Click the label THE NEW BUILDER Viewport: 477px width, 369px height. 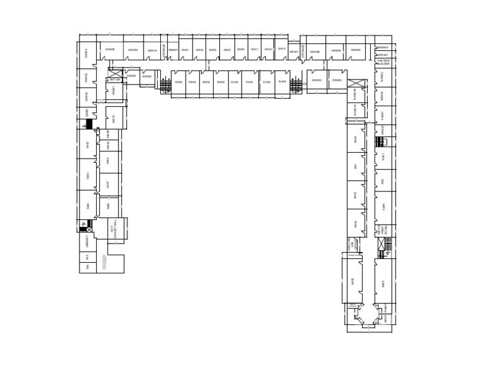383,62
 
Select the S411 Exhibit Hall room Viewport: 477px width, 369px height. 113,230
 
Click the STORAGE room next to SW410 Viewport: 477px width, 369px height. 164,50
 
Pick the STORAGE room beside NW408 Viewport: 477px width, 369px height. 303,51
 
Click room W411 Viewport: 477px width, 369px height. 255,49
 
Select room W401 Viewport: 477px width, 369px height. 185,50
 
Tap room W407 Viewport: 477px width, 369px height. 227,50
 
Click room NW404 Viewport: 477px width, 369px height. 355,50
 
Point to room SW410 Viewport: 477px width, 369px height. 152,50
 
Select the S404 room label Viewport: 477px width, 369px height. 88,206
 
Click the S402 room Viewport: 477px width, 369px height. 88,175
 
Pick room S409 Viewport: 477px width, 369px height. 108,206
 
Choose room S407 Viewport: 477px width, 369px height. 108,184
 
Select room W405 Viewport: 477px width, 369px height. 213,50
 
